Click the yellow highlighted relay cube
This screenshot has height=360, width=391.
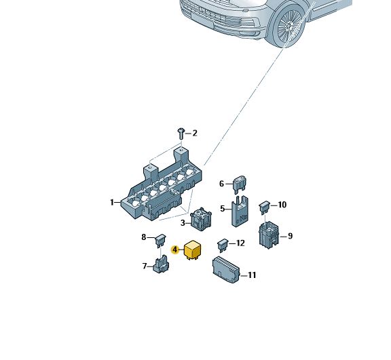pyautogui.click(x=193, y=250)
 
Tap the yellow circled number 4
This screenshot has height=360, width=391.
pyautogui.click(x=175, y=249)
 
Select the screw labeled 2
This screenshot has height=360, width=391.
pyautogui.click(x=181, y=134)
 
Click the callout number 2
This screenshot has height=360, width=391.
pyautogui.click(x=195, y=133)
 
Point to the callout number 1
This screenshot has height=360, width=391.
pyautogui.click(x=112, y=202)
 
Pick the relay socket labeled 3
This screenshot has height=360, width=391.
pyautogui.click(x=201, y=218)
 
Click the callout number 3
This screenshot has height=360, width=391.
pyautogui.click(x=183, y=223)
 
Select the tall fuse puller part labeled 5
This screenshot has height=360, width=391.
pyautogui.click(x=240, y=212)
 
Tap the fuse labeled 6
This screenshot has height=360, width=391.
pyautogui.click(x=240, y=184)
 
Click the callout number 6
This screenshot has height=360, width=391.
pyautogui.click(x=222, y=184)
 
